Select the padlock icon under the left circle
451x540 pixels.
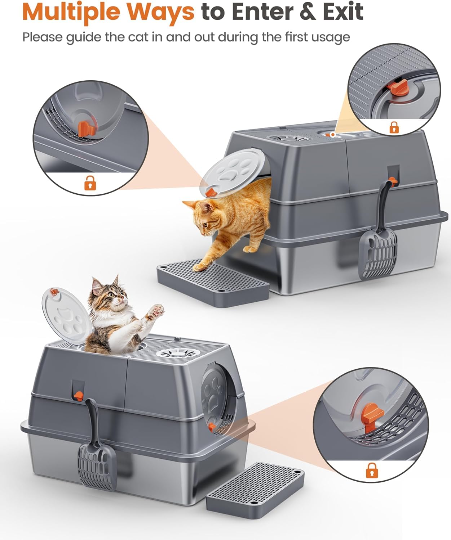[x=90, y=184]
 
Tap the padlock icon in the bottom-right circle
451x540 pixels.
[x=372, y=470]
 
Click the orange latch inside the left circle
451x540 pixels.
[x=87, y=129]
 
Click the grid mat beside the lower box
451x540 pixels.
[x=255, y=486]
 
